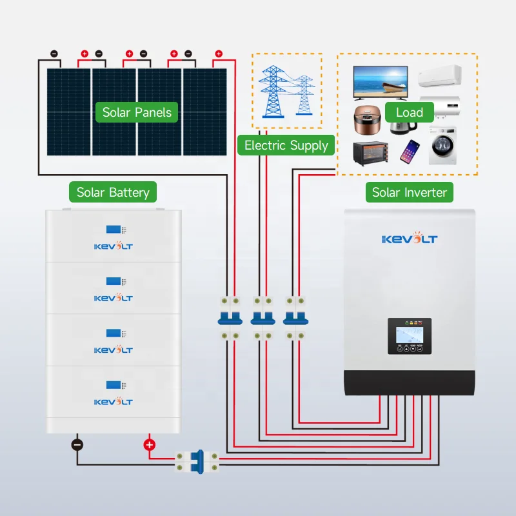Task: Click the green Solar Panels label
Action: [x=137, y=112]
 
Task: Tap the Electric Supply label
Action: [x=286, y=145]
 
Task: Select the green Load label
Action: [x=410, y=112]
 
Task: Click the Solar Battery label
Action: [x=113, y=192]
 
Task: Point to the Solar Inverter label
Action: [x=410, y=192]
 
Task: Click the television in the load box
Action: [x=381, y=83]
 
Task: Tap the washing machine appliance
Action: [x=442, y=145]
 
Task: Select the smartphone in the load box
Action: [x=410, y=151]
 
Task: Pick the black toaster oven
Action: [x=370, y=153]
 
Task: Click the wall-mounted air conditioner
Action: [x=440, y=75]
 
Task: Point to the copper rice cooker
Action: [x=367, y=120]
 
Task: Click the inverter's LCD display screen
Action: [x=409, y=335]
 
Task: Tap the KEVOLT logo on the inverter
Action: [x=410, y=238]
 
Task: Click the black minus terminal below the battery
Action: [x=77, y=445]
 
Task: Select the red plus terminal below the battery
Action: [x=150, y=445]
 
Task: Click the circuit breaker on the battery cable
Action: [x=197, y=462]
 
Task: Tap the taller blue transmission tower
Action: [x=273, y=92]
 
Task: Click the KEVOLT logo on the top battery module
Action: [x=114, y=246]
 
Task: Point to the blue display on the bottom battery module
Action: [x=114, y=384]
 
